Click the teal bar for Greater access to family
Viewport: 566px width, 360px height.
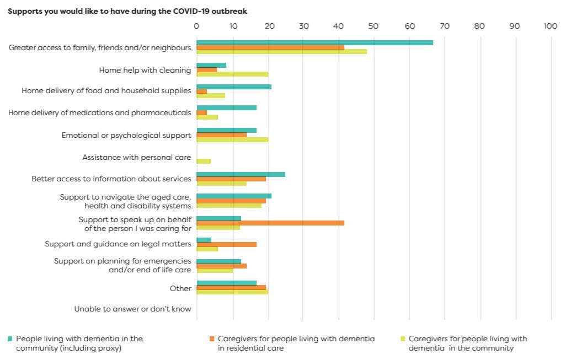click(314, 42)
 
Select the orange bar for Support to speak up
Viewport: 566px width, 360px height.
click(270, 223)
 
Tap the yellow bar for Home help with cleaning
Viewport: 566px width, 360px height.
click(232, 74)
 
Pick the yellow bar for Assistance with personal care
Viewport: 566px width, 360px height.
click(204, 161)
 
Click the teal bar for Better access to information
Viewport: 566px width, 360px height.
click(241, 174)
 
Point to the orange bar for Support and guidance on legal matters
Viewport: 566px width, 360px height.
click(226, 244)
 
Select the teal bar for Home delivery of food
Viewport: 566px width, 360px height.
click(234, 87)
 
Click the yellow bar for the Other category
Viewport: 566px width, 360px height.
click(232, 292)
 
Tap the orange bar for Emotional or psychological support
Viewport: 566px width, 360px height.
click(221, 135)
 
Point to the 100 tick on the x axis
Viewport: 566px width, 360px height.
click(550, 26)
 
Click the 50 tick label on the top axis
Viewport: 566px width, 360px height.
click(374, 26)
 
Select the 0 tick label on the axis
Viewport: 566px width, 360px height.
click(196, 26)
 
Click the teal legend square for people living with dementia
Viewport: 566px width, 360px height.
click(10, 338)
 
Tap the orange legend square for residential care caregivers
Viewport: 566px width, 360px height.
click(211, 338)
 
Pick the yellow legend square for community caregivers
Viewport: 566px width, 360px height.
click(402, 338)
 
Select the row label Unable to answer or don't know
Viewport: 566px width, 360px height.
click(133, 309)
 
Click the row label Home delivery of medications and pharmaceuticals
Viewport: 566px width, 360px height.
click(100, 113)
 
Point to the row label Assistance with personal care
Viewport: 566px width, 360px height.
click(137, 158)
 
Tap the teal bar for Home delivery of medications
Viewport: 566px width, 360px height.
click(226, 108)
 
